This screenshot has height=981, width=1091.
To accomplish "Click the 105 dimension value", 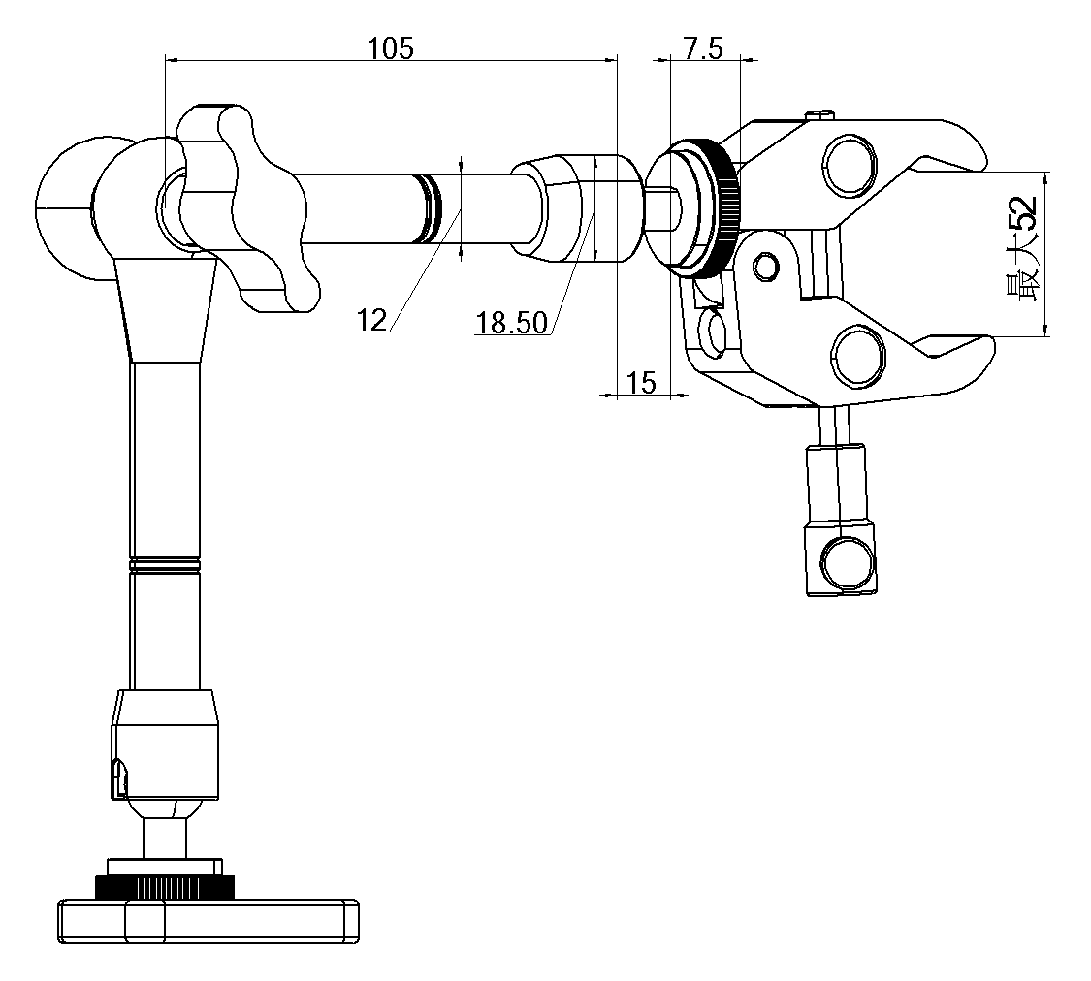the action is pos(390,48).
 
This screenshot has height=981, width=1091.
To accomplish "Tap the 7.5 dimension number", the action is pos(703,48).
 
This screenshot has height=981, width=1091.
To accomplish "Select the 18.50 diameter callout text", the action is pos(511,324).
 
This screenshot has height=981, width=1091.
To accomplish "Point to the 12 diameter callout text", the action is pos(371,320).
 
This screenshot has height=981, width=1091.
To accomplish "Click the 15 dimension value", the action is pos(641,382).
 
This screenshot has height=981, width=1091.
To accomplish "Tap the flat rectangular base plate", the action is pos(209,921).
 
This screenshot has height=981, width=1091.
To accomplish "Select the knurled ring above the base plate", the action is pos(164,886).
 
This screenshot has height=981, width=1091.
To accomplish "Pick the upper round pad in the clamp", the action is pos(849,164).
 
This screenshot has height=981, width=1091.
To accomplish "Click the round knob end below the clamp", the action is pos(846,559).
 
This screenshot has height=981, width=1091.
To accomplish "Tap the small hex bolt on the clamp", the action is pos(766,267).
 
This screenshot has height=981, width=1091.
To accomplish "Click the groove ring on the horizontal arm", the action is pos(430,208).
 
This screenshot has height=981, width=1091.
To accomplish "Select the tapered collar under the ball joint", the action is pos(166,309).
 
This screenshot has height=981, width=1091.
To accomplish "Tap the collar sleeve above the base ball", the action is pos(165,744).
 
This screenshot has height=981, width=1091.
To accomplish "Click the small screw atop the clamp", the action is pos(820,113).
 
